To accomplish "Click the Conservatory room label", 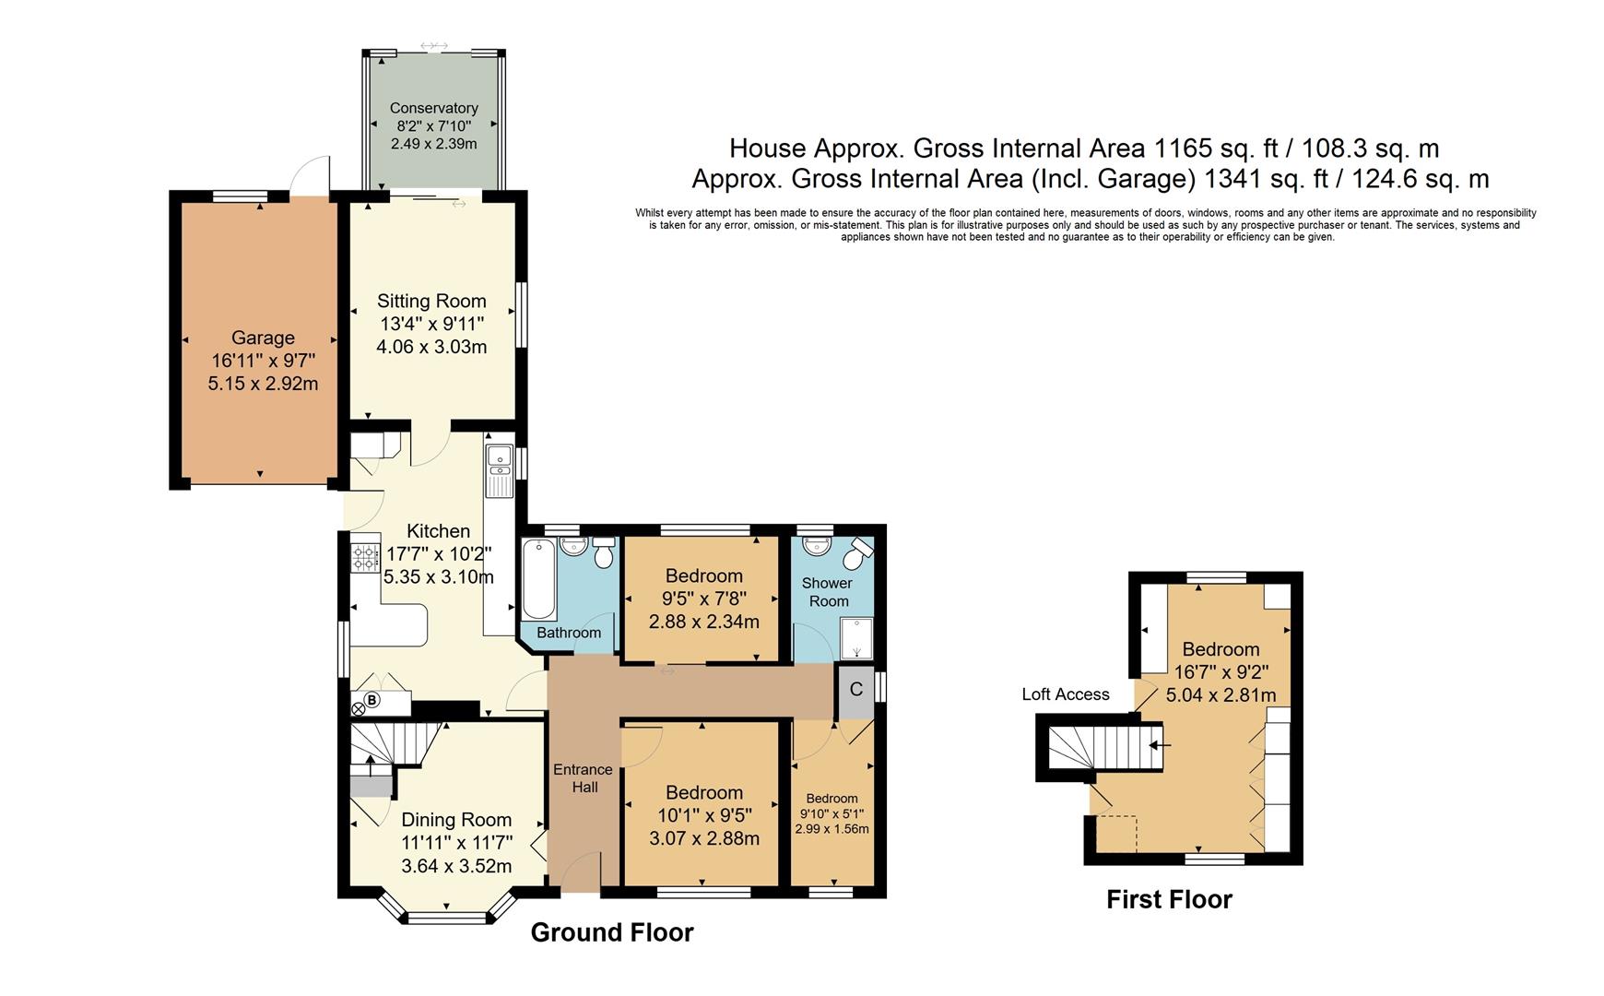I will point(433,108).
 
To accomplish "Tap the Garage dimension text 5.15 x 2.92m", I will point(263,384).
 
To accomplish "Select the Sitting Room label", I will point(431,301).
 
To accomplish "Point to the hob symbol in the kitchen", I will point(364,557).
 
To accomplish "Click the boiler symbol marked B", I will point(372,701).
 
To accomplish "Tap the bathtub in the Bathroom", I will point(538,580).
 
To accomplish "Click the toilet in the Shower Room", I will point(859,553).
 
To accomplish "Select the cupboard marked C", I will point(855,690).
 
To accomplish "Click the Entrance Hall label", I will point(583,777).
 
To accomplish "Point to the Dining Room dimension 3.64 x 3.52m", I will point(456,866).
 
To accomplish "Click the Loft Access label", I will point(1065,694).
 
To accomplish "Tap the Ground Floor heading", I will point(611,932).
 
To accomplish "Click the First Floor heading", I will point(1168,899).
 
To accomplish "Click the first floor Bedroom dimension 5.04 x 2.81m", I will point(1221,695).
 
